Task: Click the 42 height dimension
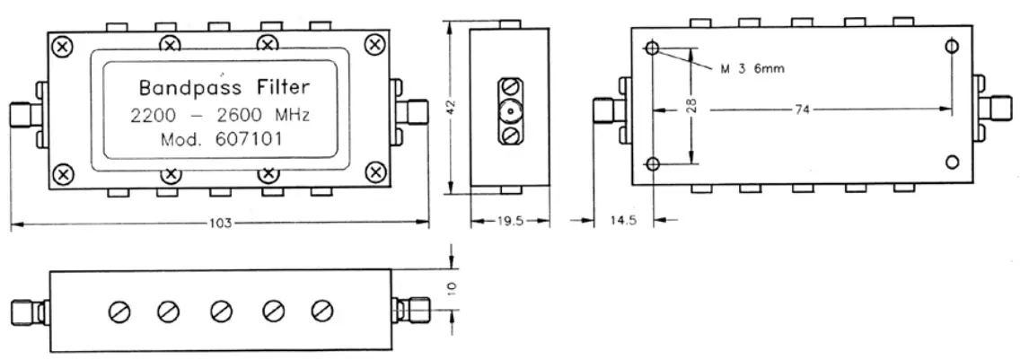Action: tap(455, 106)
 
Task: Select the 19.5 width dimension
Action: tap(510, 221)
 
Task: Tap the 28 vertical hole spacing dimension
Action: tap(692, 106)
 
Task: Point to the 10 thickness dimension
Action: tap(453, 286)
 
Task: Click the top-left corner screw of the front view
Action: tap(62, 45)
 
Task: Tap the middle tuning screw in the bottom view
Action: tap(220, 312)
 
